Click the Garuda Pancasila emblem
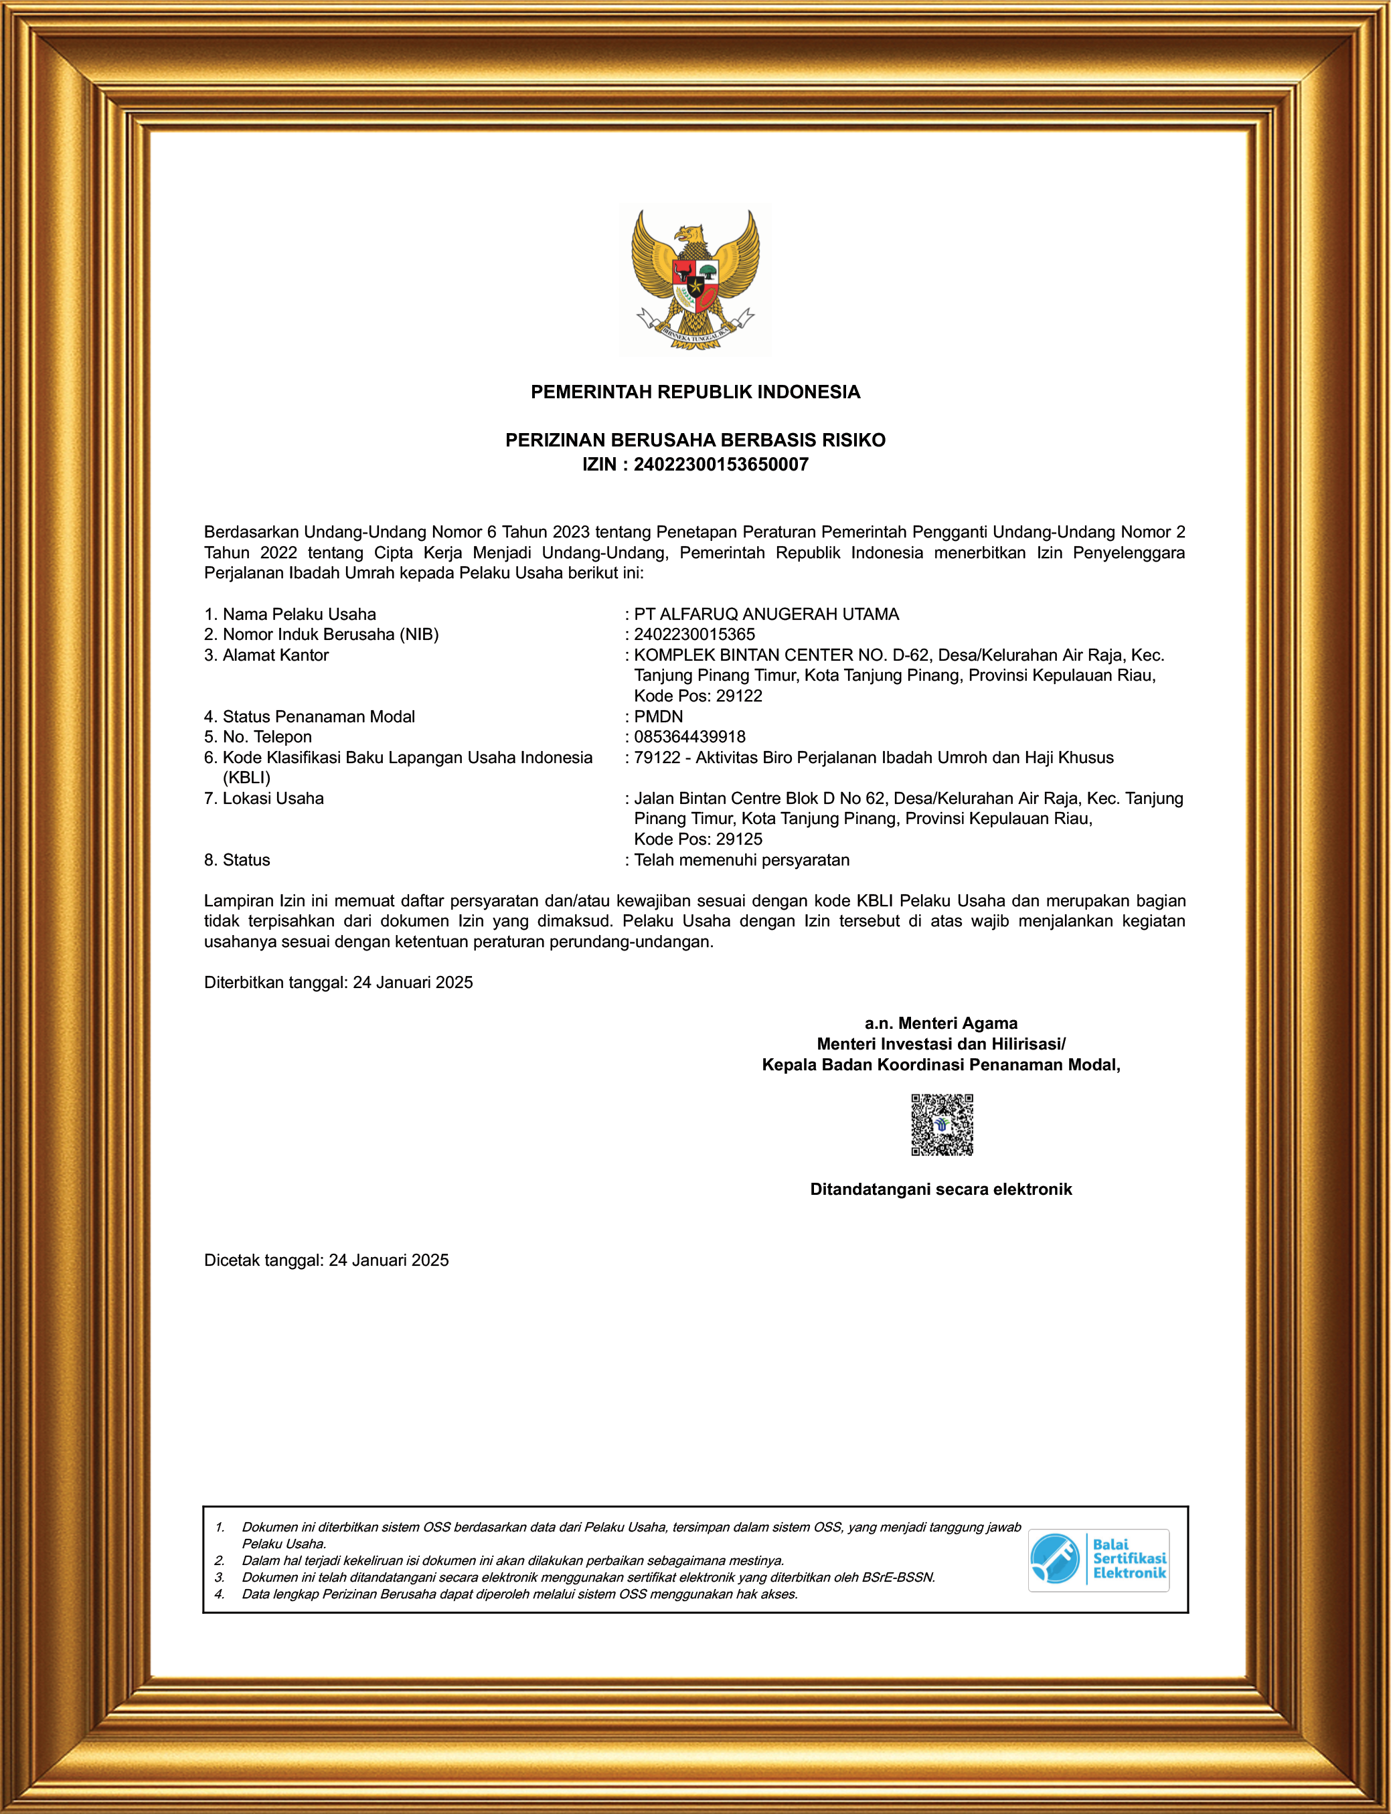pyautogui.click(x=695, y=280)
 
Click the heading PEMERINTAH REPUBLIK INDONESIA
pyautogui.click(x=695, y=392)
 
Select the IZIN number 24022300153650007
pyautogui.click(x=720, y=465)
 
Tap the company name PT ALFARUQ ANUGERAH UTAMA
pyautogui.click(x=766, y=614)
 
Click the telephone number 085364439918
pyautogui.click(x=689, y=737)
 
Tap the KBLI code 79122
pyautogui.click(x=657, y=758)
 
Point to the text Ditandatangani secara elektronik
pyautogui.click(x=940, y=1189)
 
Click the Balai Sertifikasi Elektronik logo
pyautogui.click(x=1098, y=1560)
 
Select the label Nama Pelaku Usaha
pyautogui.click(x=299, y=614)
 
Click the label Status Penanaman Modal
pyautogui.click(x=319, y=717)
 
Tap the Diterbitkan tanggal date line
pyautogui.click(x=339, y=983)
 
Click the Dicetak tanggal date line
pyautogui.click(x=326, y=1260)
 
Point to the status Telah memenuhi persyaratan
pyautogui.click(x=741, y=860)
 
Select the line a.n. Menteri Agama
pyautogui.click(x=940, y=1023)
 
